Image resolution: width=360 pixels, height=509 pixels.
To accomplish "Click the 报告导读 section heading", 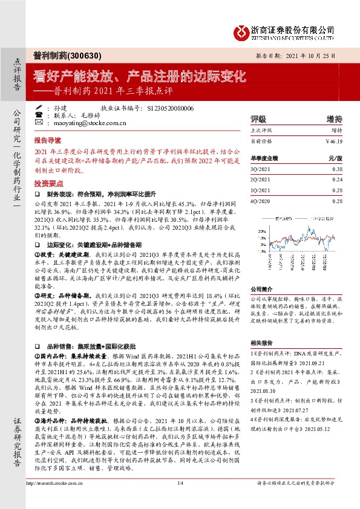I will (48, 138).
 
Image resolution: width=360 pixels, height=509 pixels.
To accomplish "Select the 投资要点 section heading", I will (48, 182).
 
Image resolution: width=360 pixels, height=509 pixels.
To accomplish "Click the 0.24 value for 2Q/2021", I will (338, 180).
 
